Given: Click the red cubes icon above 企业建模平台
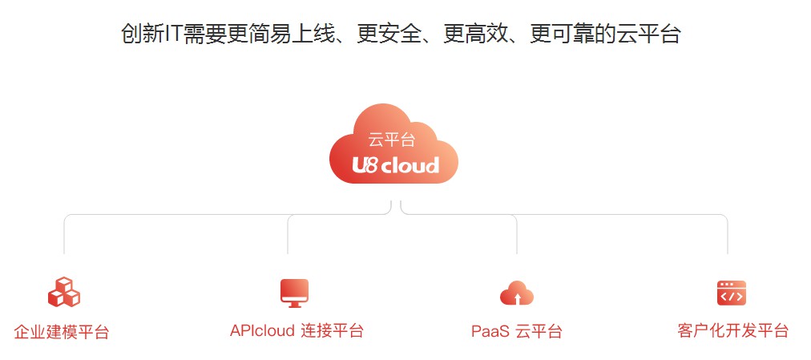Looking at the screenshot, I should pos(63,293).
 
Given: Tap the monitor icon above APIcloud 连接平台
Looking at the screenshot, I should pos(294,293).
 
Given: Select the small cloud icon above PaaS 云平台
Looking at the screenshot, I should pos(517,293).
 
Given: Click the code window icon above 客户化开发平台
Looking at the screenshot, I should pos(731,293).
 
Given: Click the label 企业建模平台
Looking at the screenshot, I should pos(62,332).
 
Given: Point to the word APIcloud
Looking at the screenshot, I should pos(262,330).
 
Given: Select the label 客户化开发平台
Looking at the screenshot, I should pos(732,330).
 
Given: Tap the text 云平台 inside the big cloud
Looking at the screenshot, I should pos(392,140).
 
